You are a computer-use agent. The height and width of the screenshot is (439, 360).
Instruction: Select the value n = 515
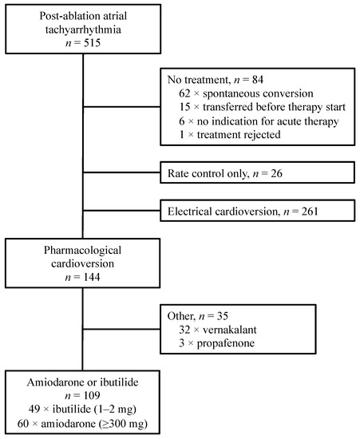click(x=85, y=49)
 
